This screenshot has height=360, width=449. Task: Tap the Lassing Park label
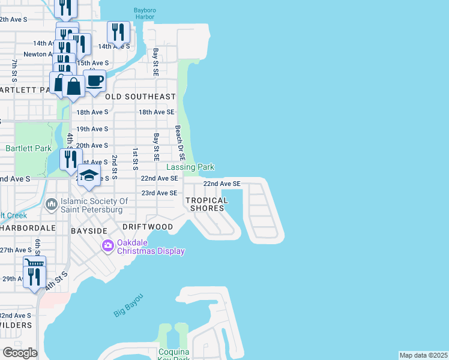click(190, 167)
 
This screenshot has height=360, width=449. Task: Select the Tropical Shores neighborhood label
click(207, 204)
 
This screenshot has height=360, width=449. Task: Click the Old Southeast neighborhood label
click(140, 97)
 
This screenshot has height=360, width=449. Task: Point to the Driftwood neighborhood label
click(148, 227)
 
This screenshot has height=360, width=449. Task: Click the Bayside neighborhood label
click(89, 230)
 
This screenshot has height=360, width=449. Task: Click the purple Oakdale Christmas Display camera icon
click(108, 245)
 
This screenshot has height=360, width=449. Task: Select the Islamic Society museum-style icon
click(52, 205)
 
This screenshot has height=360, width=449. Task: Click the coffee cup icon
click(95, 82)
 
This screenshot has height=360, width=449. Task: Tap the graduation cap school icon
click(89, 176)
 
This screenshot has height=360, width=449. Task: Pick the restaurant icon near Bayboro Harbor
click(119, 32)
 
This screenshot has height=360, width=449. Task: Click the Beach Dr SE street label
click(178, 138)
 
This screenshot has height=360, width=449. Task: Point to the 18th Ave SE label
click(156, 112)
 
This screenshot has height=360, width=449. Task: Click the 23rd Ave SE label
click(158, 193)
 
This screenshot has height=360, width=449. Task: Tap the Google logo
click(20, 353)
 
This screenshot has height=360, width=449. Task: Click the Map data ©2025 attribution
click(423, 355)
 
